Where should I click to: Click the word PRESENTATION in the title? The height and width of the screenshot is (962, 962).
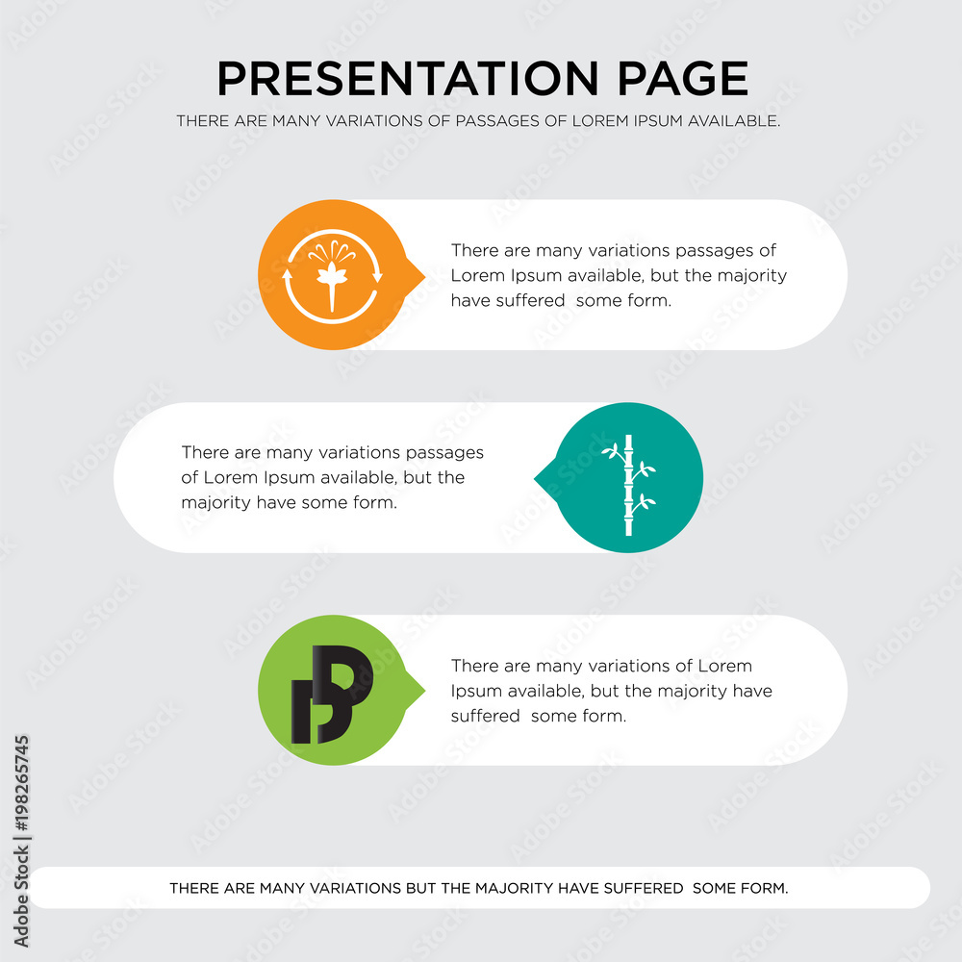point(408,79)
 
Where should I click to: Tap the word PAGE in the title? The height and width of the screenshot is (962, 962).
point(683,79)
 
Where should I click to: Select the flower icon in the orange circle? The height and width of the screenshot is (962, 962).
point(332,275)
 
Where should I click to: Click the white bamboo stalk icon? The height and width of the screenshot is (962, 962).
point(628,485)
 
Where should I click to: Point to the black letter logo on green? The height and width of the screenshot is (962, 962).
point(332,694)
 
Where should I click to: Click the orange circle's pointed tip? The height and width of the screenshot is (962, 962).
point(424,276)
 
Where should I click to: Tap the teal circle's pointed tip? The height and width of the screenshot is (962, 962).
point(535,478)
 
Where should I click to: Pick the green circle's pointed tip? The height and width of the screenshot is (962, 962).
point(424,690)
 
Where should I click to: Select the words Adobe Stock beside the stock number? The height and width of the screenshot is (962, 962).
point(21,897)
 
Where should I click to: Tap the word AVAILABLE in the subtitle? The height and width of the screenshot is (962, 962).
point(733,121)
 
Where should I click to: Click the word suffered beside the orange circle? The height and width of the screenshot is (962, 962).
point(508,300)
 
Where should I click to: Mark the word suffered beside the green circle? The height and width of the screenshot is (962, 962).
point(485,716)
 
